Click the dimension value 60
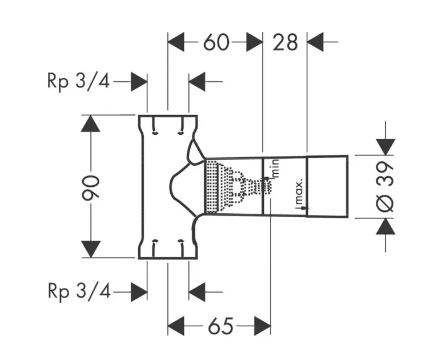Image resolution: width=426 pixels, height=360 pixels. [x=216, y=42]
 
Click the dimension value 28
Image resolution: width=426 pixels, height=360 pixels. [x=285, y=42]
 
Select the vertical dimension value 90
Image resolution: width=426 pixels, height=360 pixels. [x=91, y=188]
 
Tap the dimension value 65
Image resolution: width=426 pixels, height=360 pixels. [x=220, y=326]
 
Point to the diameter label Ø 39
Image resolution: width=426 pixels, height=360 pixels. [x=384, y=187]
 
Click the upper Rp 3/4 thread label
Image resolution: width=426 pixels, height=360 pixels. [x=78, y=81]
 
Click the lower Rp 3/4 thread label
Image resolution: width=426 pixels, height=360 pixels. [x=79, y=291]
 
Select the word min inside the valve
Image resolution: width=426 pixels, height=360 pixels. [x=275, y=169]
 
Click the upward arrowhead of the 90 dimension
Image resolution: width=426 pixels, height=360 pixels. [x=90, y=124]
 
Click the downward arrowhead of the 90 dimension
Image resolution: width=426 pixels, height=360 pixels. [x=90, y=249]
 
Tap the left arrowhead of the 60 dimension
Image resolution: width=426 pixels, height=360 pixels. [x=176, y=42]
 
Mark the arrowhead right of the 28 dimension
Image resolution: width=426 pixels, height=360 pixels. [x=315, y=42]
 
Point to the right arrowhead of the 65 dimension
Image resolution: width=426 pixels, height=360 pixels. [x=263, y=326]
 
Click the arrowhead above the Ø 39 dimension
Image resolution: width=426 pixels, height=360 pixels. [x=385, y=147]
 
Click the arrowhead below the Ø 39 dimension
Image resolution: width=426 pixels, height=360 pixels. [x=385, y=226]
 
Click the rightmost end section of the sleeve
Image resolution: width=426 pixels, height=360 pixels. [x=327, y=186]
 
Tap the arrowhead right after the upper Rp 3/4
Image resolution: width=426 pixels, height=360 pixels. [x=139, y=82]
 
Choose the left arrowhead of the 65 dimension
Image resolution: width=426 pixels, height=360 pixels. [x=176, y=326]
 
